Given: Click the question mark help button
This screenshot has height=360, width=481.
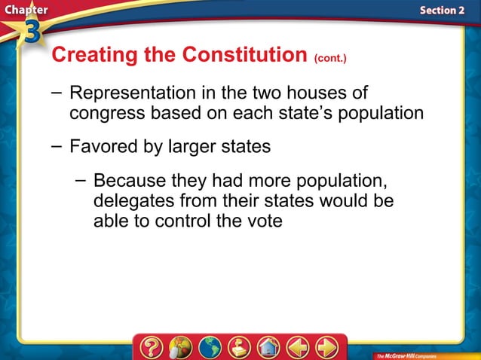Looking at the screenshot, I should coord(150,347).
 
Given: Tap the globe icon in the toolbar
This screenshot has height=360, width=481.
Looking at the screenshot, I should coord(209,347).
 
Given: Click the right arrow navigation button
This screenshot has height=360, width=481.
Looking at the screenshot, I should coord(326,347).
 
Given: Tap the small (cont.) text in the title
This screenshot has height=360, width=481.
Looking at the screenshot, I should coord(330,58).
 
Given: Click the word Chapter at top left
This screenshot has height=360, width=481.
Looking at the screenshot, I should coord(24,9).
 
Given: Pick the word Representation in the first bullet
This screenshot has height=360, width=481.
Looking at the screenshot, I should coord(132,94).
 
